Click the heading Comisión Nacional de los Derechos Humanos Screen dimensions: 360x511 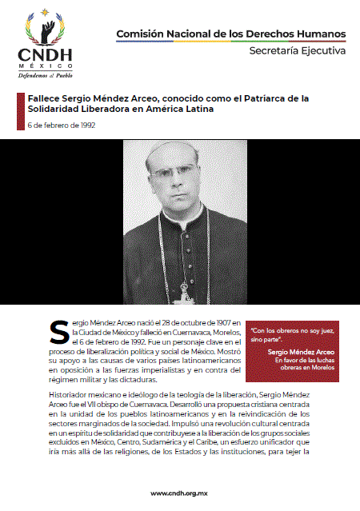231,34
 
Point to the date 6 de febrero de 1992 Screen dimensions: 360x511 61,126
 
